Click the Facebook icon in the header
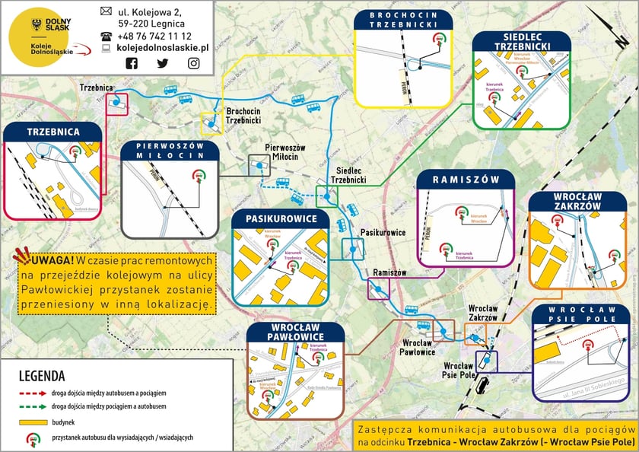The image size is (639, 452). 132,63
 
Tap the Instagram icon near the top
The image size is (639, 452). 194,63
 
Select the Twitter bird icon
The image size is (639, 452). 163,63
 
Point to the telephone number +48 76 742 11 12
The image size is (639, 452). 154,36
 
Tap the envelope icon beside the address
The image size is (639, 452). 106,11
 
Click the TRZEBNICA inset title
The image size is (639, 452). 53,132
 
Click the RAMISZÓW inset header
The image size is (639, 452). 466,180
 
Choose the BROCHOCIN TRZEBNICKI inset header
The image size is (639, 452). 403,20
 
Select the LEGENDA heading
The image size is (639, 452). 42,376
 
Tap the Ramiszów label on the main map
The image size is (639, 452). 390,272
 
